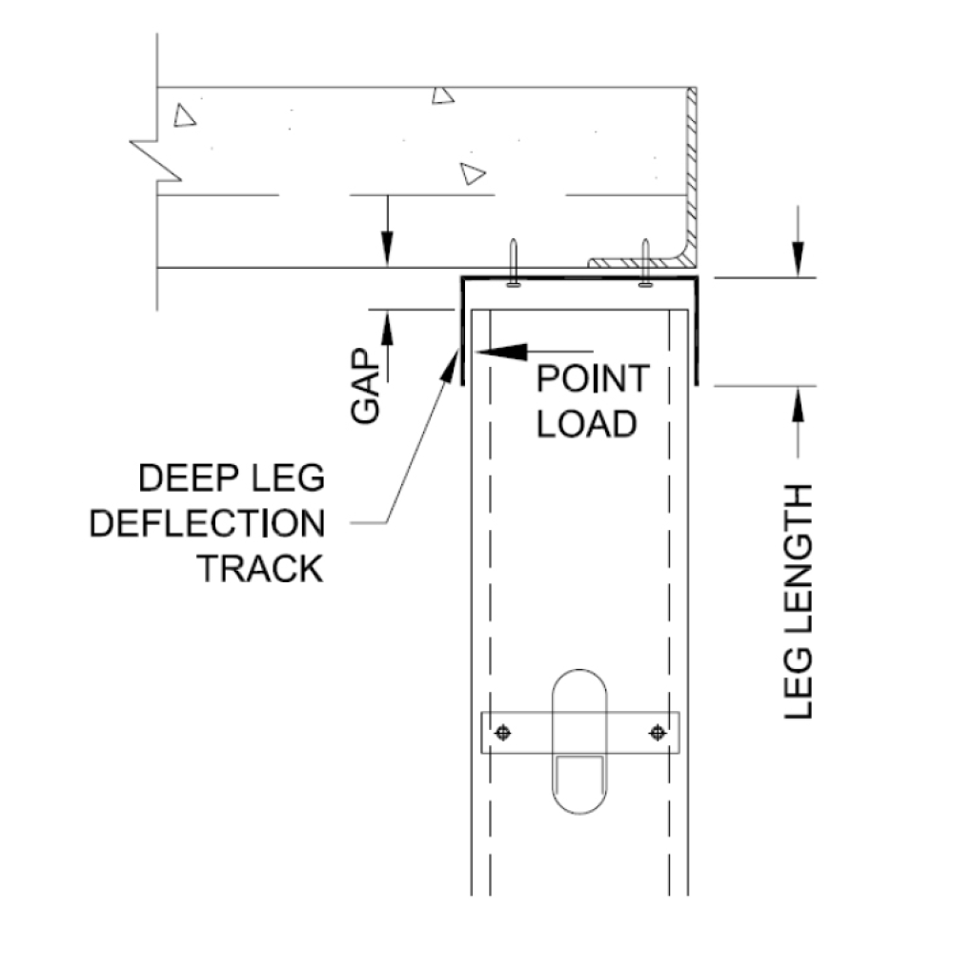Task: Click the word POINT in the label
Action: [592, 379]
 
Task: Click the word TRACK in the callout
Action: [259, 569]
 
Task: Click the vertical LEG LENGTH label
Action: [798, 600]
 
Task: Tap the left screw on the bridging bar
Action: [504, 733]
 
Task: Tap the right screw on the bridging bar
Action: [657, 733]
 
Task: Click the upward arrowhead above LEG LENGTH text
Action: [797, 400]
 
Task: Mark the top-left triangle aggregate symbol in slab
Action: [185, 115]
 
